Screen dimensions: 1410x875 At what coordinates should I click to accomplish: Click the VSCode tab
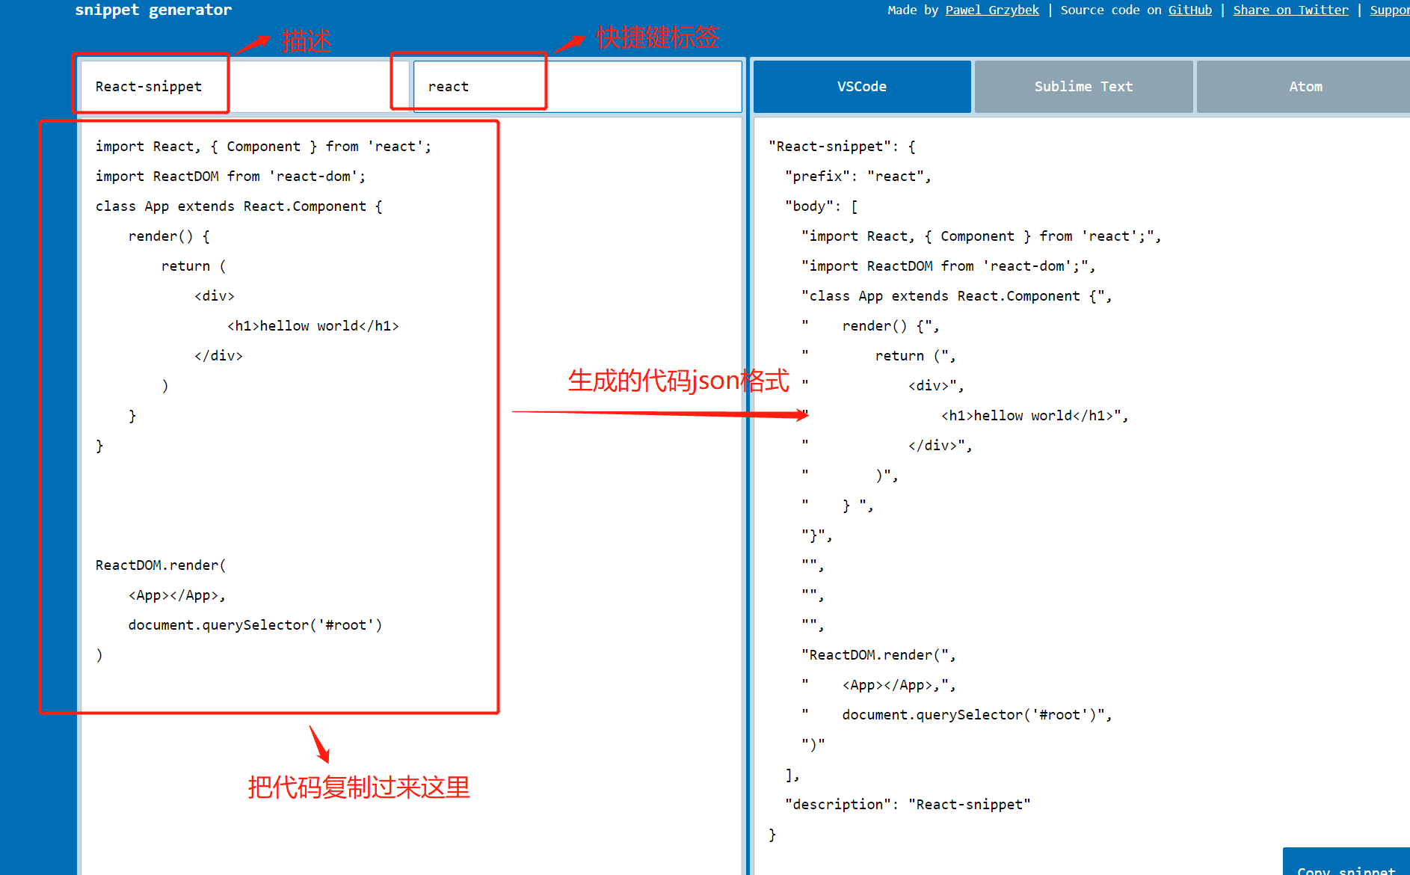[x=861, y=87]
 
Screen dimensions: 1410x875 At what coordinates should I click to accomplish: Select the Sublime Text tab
[x=1083, y=87]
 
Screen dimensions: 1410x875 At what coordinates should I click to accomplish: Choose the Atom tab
[x=1305, y=87]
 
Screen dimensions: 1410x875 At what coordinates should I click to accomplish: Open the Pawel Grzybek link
[x=991, y=10]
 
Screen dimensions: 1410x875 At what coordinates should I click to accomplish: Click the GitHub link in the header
[x=1189, y=10]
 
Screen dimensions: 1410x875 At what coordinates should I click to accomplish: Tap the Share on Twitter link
[x=1290, y=10]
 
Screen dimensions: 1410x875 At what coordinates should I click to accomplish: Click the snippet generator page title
[x=153, y=10]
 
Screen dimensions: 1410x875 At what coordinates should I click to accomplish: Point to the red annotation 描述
[x=307, y=40]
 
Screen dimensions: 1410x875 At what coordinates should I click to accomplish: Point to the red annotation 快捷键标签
[x=658, y=37]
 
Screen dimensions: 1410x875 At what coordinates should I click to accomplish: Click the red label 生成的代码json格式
[x=678, y=381]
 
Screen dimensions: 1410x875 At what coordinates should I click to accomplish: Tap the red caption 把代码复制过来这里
[x=359, y=787]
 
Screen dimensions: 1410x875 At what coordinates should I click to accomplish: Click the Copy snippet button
[x=1346, y=866]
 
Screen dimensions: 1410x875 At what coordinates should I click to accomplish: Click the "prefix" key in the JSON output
[x=817, y=176]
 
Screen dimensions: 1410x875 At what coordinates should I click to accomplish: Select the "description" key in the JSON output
[x=837, y=805]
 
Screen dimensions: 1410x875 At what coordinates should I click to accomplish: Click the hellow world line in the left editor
[x=313, y=326]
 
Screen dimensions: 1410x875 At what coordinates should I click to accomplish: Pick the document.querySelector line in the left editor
[x=255, y=625]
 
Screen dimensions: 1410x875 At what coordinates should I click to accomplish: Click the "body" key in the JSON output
[x=809, y=206]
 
